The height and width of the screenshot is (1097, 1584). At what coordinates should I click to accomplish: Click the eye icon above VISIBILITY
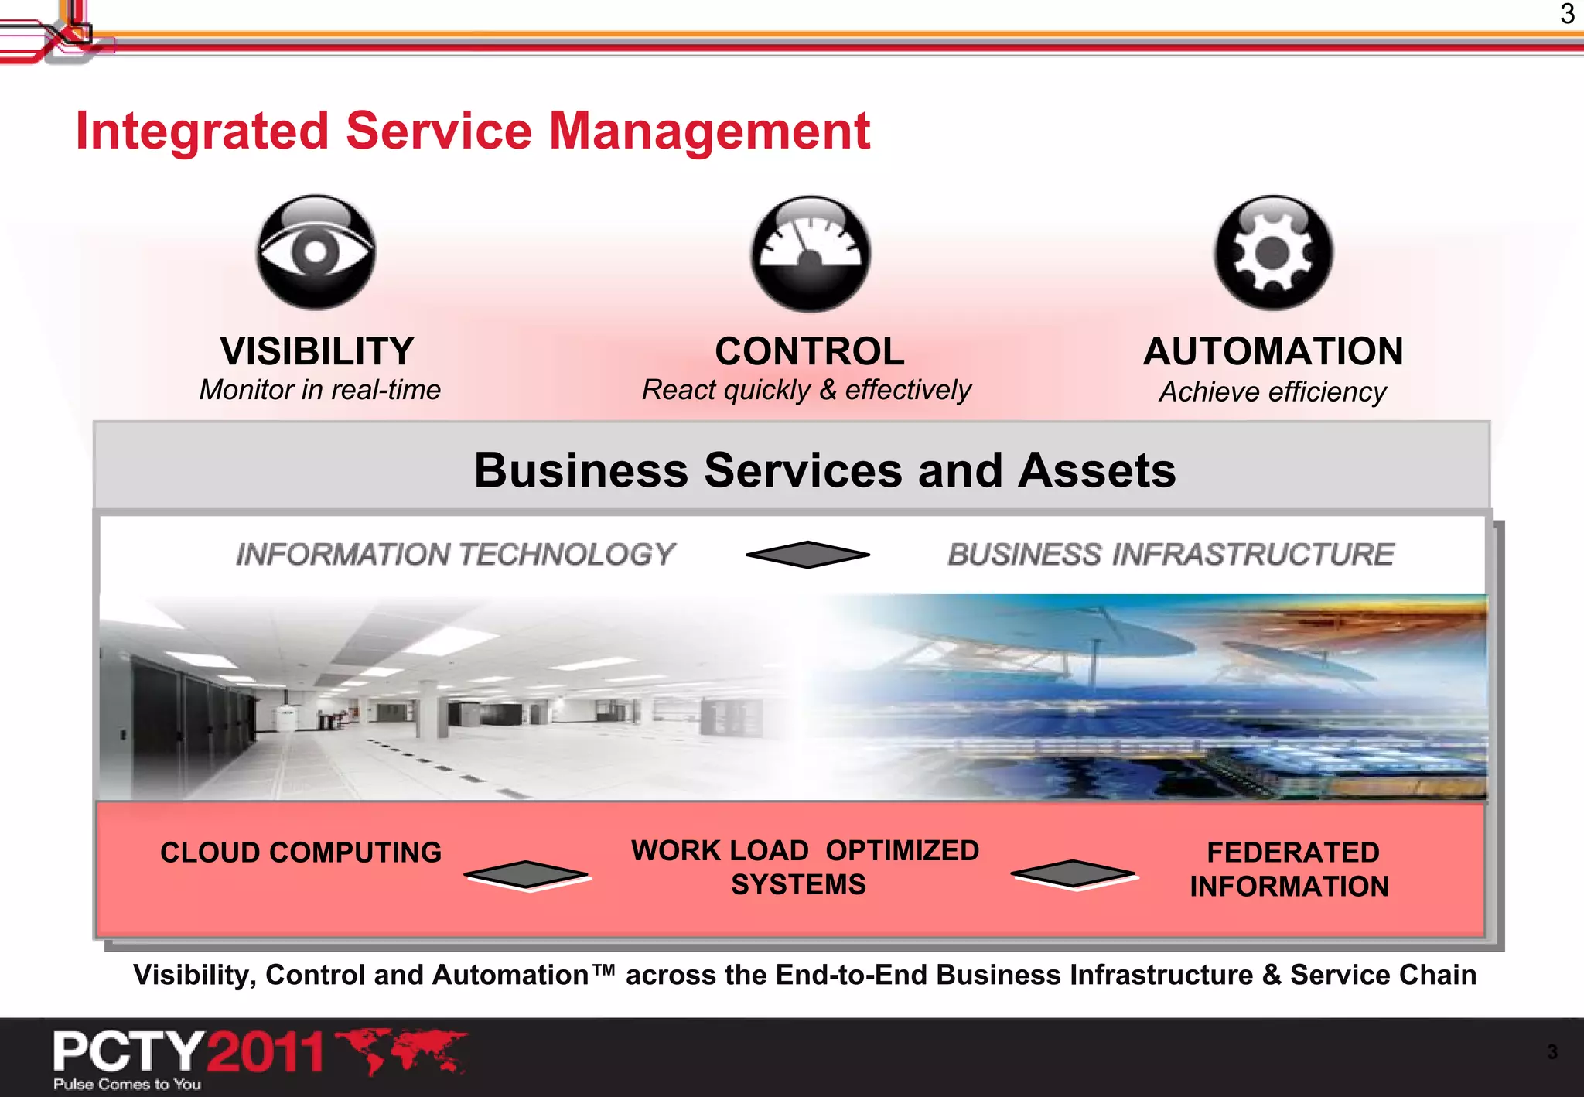[x=316, y=252]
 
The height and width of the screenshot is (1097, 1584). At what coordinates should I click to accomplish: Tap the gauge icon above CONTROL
[x=810, y=253]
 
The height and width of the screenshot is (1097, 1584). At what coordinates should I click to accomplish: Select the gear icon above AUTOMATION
[x=1273, y=252]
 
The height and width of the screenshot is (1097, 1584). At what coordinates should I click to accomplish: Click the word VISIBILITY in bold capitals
[x=317, y=351]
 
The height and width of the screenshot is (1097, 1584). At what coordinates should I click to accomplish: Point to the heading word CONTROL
[x=810, y=351]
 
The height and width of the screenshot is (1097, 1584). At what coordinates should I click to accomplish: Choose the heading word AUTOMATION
[x=1273, y=351]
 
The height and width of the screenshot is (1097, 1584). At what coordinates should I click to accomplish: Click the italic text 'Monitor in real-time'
[x=320, y=390]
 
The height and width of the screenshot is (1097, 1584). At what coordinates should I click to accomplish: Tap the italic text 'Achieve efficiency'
[x=1272, y=392]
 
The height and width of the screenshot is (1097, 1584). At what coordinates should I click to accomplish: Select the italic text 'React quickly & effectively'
[x=807, y=390]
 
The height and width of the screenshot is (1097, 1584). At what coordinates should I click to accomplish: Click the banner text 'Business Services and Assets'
[x=824, y=470]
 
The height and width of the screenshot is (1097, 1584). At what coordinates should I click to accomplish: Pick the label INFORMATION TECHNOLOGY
[x=456, y=554]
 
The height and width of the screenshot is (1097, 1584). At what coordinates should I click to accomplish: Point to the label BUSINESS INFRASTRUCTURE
[x=1171, y=554]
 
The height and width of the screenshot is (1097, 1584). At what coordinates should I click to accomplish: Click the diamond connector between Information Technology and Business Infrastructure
[x=807, y=554]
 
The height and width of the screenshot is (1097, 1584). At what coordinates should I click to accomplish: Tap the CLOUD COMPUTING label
[x=301, y=853]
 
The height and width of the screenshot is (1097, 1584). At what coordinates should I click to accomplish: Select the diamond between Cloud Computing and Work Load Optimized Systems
[x=527, y=875]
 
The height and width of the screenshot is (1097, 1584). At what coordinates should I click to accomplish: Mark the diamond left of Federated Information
[x=1074, y=874]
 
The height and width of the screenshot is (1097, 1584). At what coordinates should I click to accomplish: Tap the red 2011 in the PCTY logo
[x=265, y=1052]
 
